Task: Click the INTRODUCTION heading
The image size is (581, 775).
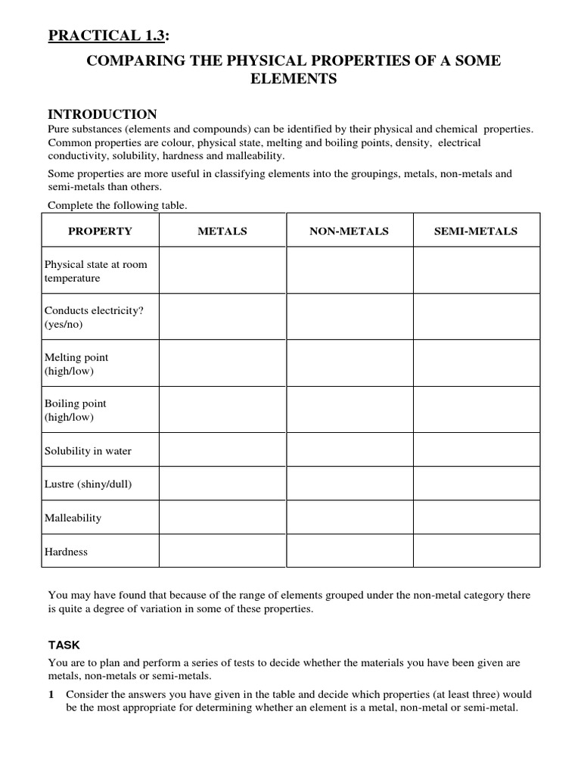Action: click(x=102, y=114)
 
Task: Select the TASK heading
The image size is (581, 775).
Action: click(x=64, y=645)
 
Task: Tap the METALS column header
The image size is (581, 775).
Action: click(x=222, y=232)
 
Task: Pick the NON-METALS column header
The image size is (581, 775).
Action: click(x=349, y=232)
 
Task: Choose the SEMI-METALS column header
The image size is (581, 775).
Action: click(x=476, y=232)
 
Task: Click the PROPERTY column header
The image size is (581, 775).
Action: click(x=100, y=232)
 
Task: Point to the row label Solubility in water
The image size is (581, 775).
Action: click(x=88, y=451)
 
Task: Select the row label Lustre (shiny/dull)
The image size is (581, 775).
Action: click(x=88, y=484)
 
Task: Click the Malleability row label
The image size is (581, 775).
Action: click(x=73, y=518)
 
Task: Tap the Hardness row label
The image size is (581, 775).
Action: click(x=67, y=552)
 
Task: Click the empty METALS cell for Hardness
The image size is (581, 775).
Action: click(x=222, y=551)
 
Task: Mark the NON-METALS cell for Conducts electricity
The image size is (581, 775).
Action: click(x=349, y=316)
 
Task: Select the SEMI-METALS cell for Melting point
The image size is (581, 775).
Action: click(x=476, y=363)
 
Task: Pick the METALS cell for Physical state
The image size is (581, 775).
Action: click(x=222, y=270)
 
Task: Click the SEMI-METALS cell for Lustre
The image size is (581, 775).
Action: click(x=476, y=484)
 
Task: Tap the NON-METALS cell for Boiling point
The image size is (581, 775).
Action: click(x=349, y=409)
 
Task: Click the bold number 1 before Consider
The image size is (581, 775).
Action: click(x=51, y=693)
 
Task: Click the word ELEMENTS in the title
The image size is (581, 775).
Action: click(x=294, y=79)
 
